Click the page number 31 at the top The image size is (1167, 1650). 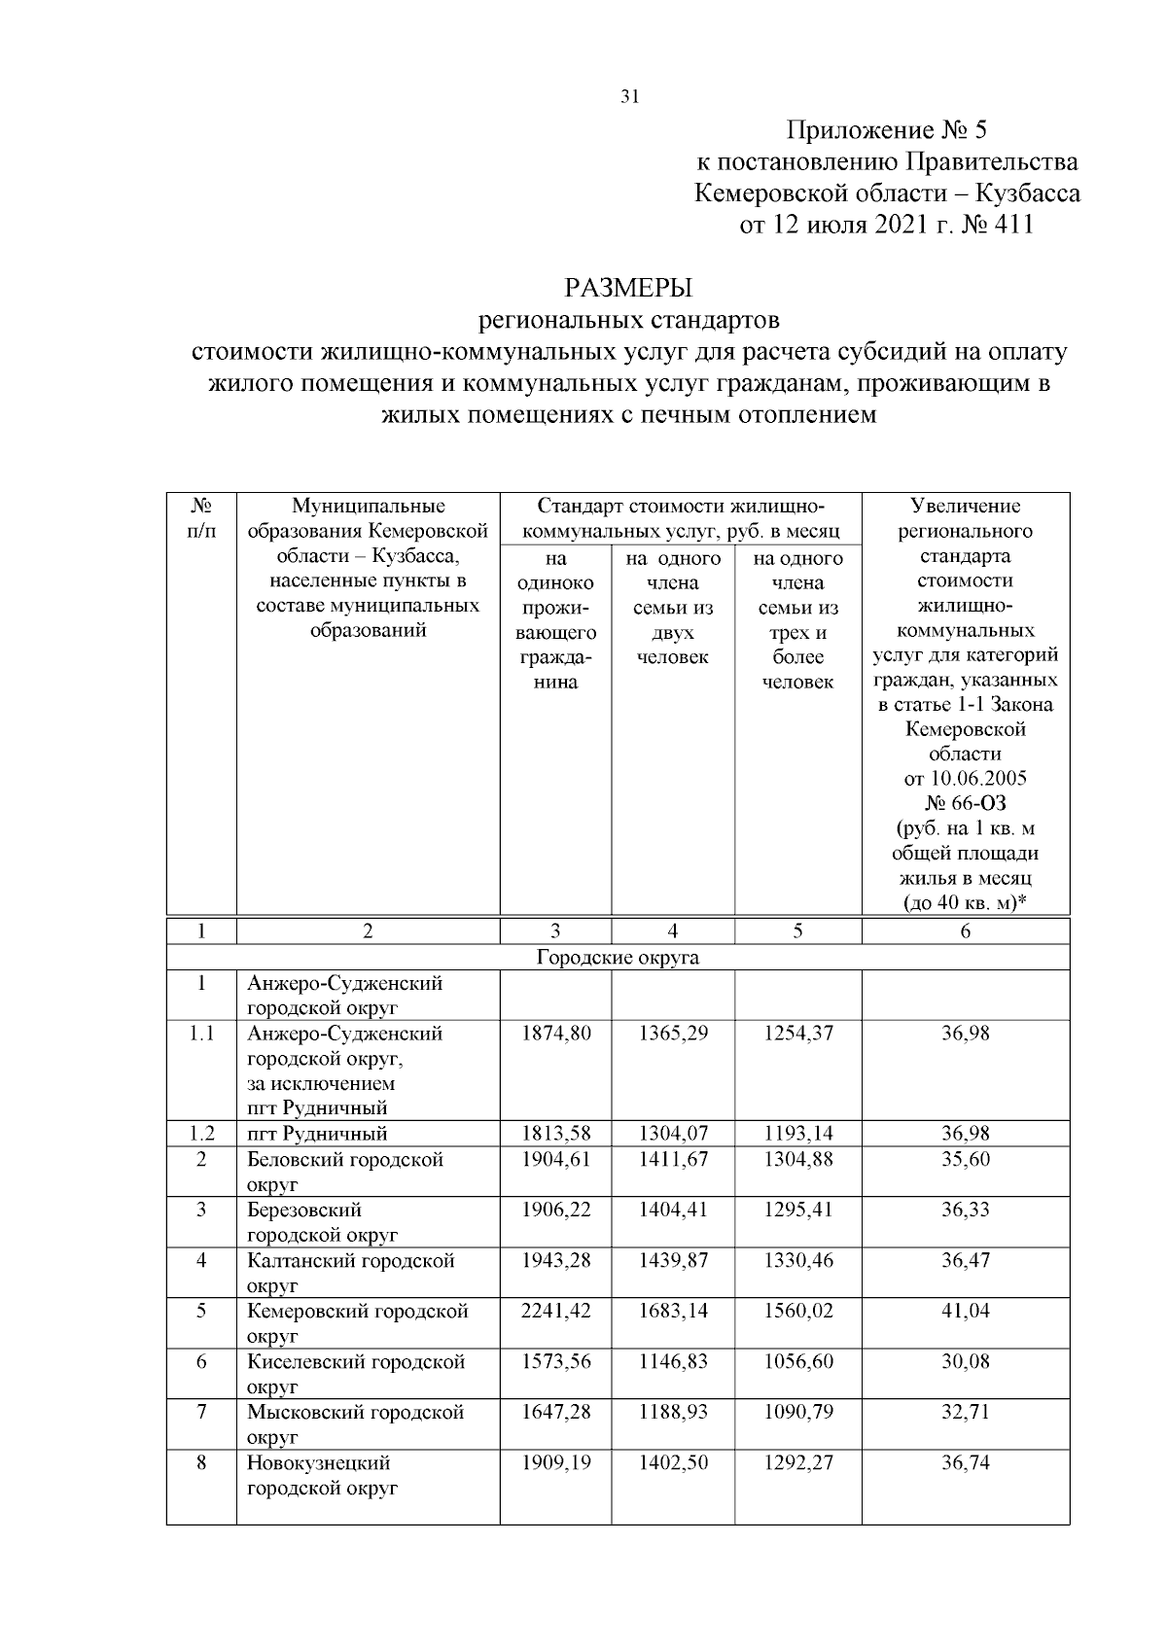click(x=629, y=97)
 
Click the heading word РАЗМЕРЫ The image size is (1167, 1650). click(x=629, y=288)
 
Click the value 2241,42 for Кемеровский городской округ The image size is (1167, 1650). click(x=555, y=1311)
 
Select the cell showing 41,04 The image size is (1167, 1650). click(x=965, y=1311)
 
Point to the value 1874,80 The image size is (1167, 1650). click(x=555, y=1034)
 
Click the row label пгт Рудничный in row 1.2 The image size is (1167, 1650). click(x=317, y=1134)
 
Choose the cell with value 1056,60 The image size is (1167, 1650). click(x=797, y=1361)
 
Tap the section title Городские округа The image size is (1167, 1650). click(x=618, y=958)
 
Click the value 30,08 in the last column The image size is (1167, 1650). click(x=965, y=1361)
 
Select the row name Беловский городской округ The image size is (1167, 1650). click(x=344, y=1172)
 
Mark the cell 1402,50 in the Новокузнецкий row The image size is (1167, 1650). click(x=673, y=1462)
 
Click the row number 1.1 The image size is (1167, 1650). click(x=201, y=1034)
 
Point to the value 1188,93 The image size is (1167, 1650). click(x=673, y=1412)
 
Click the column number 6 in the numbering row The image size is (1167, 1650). click(x=965, y=931)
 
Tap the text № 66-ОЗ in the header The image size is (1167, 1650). click(x=965, y=804)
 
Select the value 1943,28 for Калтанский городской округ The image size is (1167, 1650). click(x=555, y=1260)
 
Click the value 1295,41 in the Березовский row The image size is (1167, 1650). click(x=797, y=1210)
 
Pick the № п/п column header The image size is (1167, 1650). click(x=201, y=519)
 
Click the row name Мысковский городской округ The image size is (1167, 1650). click(x=355, y=1423)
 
